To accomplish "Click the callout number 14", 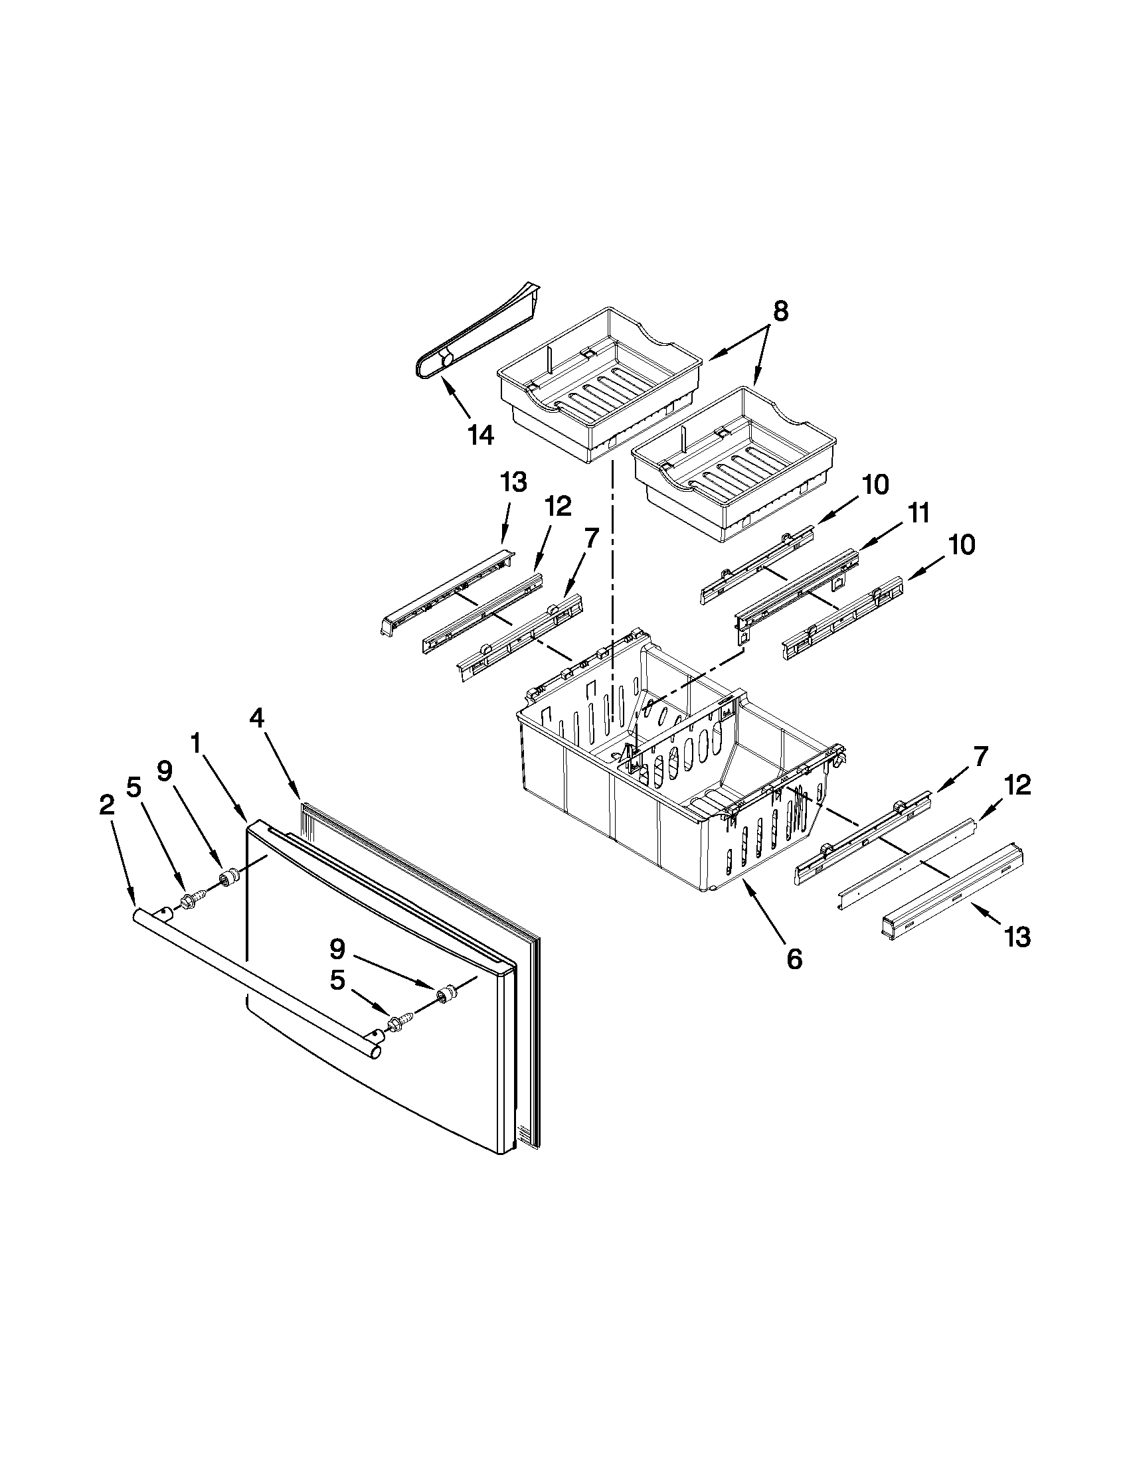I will click(x=481, y=435).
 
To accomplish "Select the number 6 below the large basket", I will click(x=794, y=959).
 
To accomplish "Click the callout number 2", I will click(x=106, y=805).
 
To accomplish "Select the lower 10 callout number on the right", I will click(x=960, y=545).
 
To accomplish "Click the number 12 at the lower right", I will click(x=1016, y=785).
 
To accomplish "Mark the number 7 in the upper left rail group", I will click(x=589, y=538).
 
